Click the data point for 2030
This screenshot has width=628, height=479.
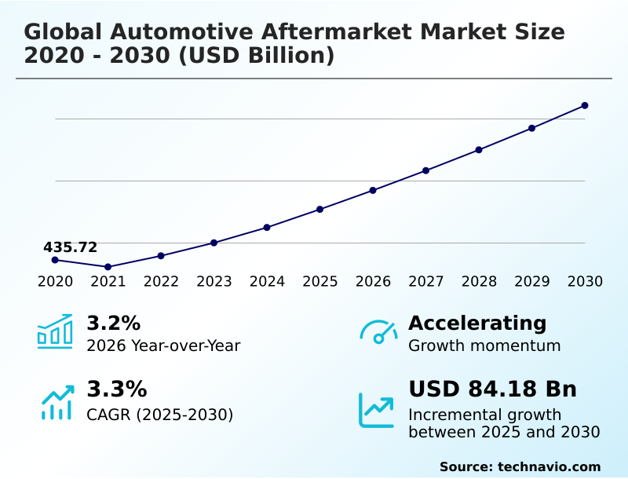(x=585, y=105)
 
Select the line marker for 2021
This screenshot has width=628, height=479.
(x=108, y=267)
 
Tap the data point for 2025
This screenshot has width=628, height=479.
(x=320, y=209)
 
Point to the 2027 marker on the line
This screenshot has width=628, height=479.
(x=425, y=170)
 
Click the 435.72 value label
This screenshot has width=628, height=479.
(x=70, y=247)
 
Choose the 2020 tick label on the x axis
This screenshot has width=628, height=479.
(x=55, y=281)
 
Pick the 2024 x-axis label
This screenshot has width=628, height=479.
(x=267, y=281)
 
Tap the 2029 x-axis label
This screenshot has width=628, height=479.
(x=531, y=281)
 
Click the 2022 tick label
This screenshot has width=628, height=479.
(x=161, y=281)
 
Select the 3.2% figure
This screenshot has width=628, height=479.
(x=113, y=323)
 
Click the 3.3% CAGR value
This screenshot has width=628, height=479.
(x=116, y=389)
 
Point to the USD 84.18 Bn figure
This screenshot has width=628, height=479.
(x=492, y=389)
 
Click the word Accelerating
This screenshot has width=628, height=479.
(x=477, y=323)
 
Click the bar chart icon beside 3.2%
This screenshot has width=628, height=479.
(x=55, y=331)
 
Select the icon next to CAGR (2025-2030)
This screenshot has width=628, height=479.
(x=57, y=402)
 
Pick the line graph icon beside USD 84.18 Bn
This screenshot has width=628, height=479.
(x=377, y=410)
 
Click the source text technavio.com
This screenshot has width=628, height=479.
(x=549, y=466)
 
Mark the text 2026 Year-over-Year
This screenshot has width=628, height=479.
(x=163, y=346)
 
